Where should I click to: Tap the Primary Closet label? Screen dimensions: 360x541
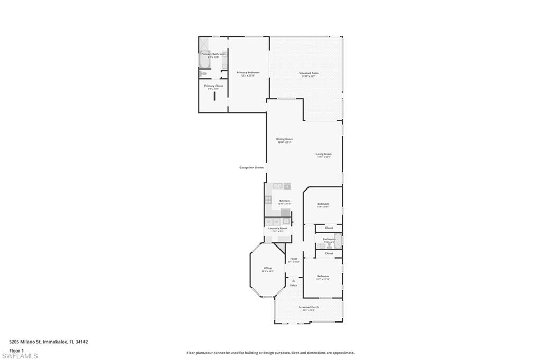click(213, 86)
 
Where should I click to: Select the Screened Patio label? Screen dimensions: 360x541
click(309, 73)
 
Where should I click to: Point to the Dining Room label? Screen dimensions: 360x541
click(284, 139)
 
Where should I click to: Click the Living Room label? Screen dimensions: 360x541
click(323, 154)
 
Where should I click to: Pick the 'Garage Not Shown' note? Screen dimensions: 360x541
click(251, 167)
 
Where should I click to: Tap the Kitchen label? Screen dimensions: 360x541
click(284, 201)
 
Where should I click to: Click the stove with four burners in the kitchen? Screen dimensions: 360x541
click(268, 200)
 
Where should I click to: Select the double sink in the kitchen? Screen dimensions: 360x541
click(278, 186)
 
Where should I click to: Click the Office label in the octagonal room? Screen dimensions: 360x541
click(268, 268)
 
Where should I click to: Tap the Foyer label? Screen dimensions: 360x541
click(294, 259)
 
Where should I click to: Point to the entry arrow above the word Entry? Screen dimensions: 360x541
click(293, 281)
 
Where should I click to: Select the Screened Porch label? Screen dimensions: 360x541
click(308, 307)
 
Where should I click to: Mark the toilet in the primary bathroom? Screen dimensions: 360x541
click(203, 74)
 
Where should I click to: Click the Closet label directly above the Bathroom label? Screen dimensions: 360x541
click(329, 228)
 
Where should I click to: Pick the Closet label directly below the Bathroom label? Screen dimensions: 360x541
click(329, 253)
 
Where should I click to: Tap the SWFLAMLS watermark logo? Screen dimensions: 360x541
click(20, 356)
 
